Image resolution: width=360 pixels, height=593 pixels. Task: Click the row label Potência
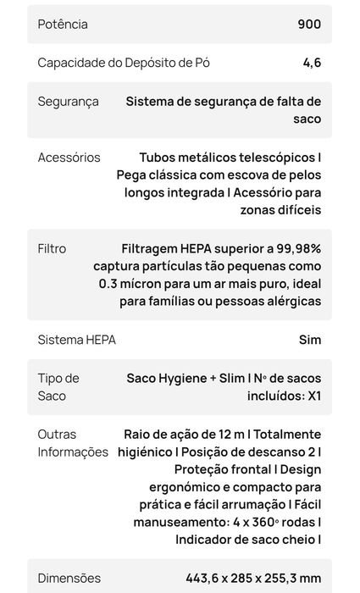click(63, 24)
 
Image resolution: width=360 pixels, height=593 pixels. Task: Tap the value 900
click(309, 24)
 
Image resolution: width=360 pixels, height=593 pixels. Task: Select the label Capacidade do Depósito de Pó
click(124, 63)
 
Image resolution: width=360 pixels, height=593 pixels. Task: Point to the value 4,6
click(312, 63)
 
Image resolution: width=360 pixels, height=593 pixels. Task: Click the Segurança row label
click(68, 102)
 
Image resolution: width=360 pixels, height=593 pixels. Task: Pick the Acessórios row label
click(69, 158)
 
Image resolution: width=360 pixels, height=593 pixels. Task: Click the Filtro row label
click(52, 249)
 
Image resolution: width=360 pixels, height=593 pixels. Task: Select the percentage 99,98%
click(291, 249)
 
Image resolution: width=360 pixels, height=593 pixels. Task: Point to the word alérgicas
click(288, 302)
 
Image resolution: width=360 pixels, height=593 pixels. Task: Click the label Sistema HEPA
click(76, 340)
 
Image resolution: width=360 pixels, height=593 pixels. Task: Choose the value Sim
click(310, 340)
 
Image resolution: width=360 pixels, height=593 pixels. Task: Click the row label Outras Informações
click(72, 443)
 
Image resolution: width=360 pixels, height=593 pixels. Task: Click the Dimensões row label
click(69, 579)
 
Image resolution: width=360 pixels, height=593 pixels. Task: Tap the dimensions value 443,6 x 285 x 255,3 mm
click(253, 579)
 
